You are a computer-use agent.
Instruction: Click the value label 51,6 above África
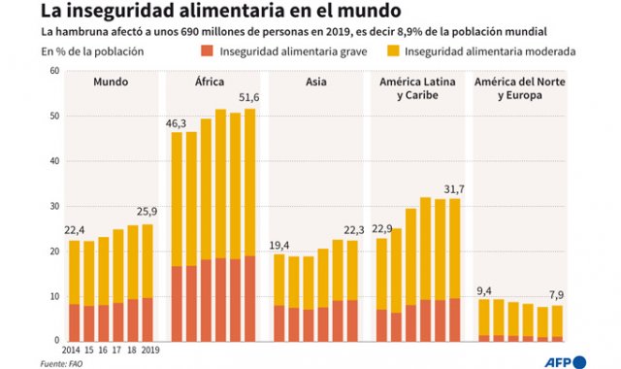click(248, 99)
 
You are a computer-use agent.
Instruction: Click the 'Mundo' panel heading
click(111, 83)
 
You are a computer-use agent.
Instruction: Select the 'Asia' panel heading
click(315, 83)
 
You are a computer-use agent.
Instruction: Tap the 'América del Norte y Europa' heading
click(521, 89)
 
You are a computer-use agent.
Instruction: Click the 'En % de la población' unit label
click(89, 51)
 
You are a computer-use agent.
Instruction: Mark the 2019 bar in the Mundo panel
click(147, 282)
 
